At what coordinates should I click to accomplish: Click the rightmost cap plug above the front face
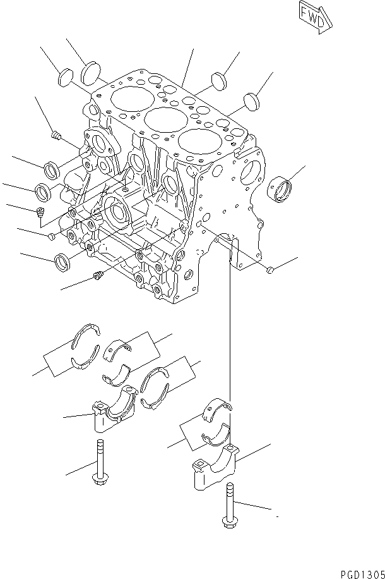(x=251, y=101)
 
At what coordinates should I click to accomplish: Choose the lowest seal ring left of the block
(x=64, y=260)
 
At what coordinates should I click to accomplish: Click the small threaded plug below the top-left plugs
(x=55, y=135)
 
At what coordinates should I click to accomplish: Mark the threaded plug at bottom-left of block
(x=98, y=276)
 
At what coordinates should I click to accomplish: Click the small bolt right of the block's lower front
(x=269, y=271)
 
